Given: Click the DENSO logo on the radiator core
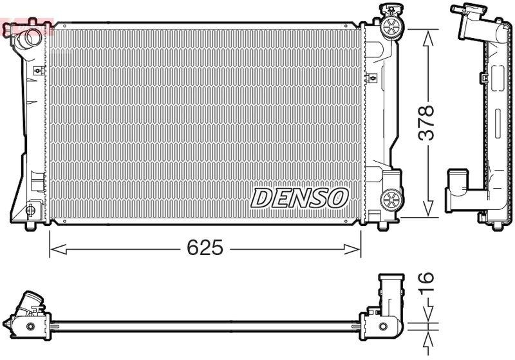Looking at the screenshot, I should pos(299,198).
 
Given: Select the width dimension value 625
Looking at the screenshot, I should pos(205,247).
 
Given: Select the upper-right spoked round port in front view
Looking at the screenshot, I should pos(390,26).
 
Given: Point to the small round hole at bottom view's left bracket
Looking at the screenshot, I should pos(30,327).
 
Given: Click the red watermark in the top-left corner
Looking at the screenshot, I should pos(26,28).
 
